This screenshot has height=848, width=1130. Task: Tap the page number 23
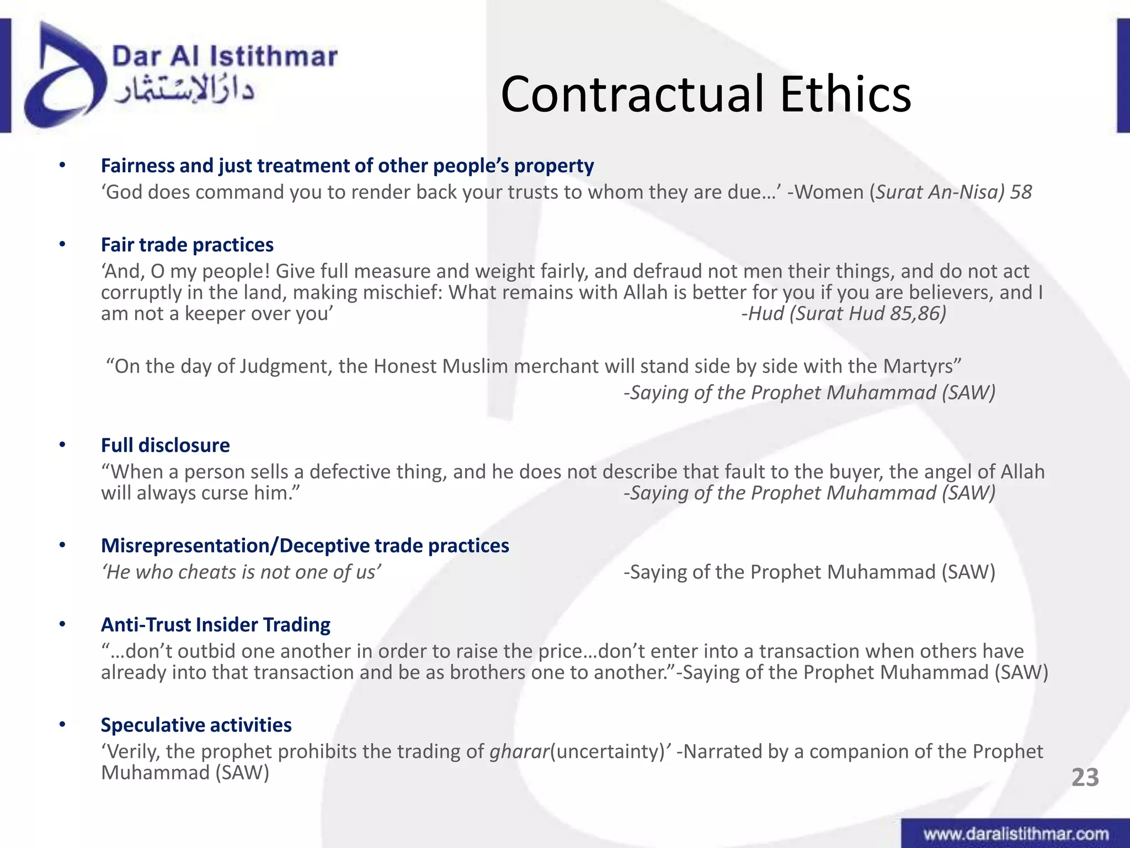[x=1085, y=777]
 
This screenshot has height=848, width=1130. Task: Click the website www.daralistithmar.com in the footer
[x=1016, y=834]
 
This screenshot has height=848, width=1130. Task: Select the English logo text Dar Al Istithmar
[x=224, y=57]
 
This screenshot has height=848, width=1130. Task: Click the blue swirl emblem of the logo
[x=63, y=77]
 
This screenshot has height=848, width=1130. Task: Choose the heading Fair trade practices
[x=187, y=245]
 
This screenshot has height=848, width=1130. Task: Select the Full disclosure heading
[x=165, y=445]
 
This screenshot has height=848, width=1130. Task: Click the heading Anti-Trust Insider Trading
[x=215, y=624]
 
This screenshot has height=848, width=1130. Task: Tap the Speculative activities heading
[x=196, y=725]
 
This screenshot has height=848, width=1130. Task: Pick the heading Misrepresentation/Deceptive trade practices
[x=305, y=545]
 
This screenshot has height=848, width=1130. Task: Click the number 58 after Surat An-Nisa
[x=1021, y=192]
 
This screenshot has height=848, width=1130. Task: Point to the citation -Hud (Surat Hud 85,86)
[x=844, y=314]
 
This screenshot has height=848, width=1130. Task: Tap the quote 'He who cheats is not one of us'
[x=241, y=572]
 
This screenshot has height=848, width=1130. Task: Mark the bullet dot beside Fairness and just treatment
[x=62, y=165]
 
